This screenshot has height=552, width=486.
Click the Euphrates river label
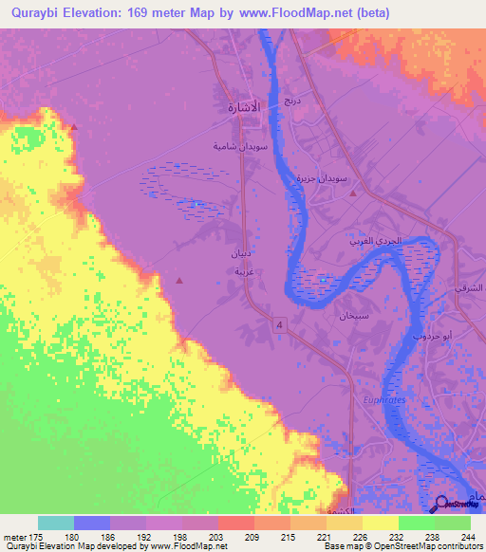click(x=383, y=402)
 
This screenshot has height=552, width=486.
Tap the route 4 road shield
click(x=280, y=325)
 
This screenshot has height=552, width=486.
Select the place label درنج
click(x=292, y=99)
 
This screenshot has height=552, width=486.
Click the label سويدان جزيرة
click(x=340, y=177)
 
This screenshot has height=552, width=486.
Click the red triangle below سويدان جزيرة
click(x=353, y=193)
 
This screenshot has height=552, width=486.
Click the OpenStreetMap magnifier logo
click(x=443, y=505)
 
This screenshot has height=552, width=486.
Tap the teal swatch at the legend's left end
click(x=56, y=523)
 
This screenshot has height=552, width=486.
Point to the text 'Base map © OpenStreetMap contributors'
click(x=402, y=546)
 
